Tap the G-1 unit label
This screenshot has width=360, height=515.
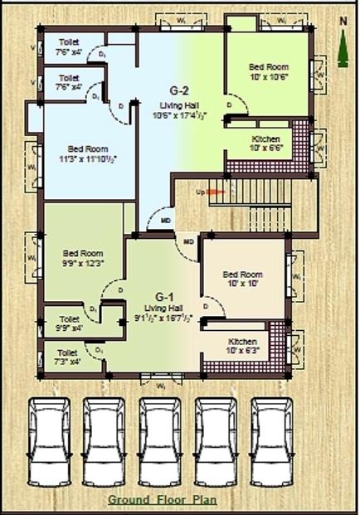tap(163, 295)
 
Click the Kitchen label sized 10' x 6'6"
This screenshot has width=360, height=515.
tap(265, 138)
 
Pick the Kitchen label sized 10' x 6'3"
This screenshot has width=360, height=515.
tap(244, 342)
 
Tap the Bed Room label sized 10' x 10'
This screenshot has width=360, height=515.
tap(244, 275)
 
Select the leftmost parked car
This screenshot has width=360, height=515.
tap(49, 441)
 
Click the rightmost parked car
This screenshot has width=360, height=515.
tap(273, 441)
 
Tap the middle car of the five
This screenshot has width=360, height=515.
tap(160, 441)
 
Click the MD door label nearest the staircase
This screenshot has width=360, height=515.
tap(189, 241)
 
